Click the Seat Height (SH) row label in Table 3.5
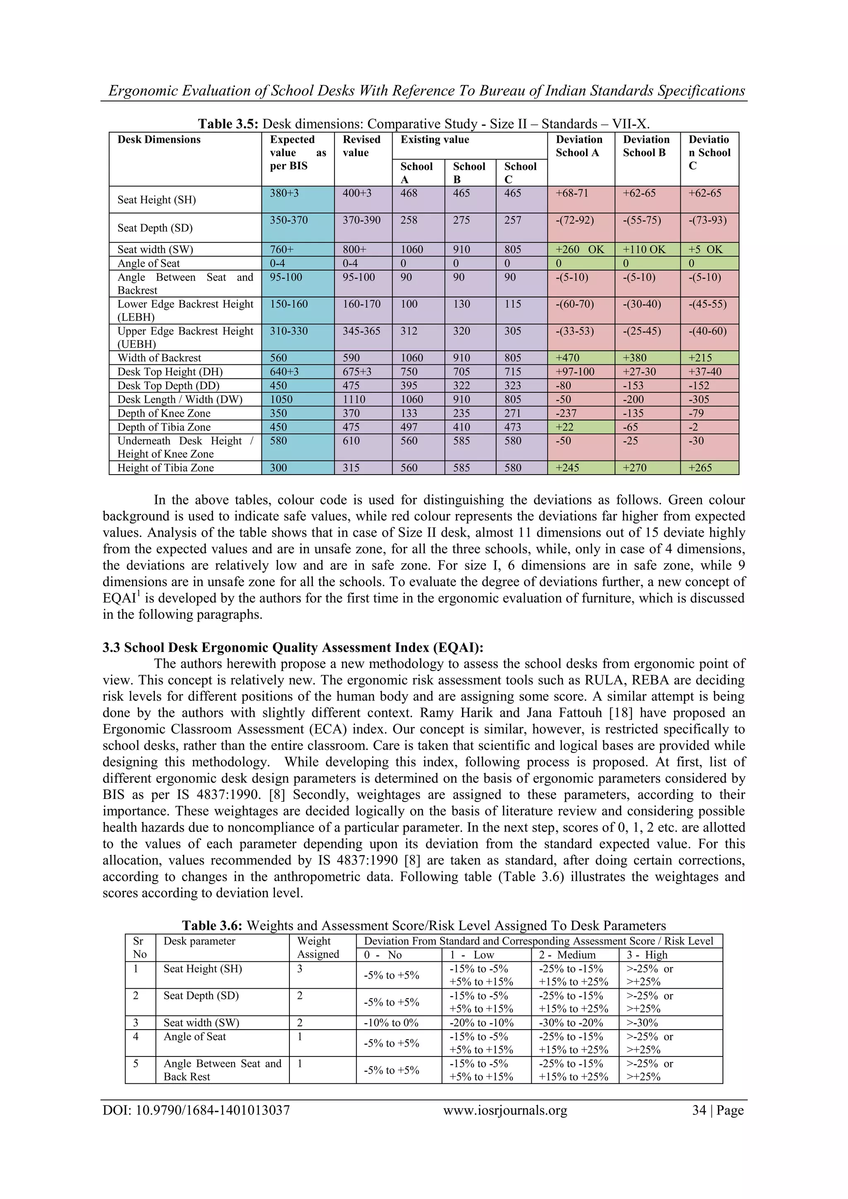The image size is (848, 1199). point(156,200)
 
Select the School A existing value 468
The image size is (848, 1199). point(409,193)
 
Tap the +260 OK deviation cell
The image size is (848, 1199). point(580,250)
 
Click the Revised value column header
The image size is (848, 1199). point(362,146)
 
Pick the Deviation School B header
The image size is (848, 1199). point(646,146)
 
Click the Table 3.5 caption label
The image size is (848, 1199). point(228,124)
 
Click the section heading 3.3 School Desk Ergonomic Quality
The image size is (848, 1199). point(293,648)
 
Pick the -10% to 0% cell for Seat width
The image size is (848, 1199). point(391,1023)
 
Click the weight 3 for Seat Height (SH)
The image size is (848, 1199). point(300,969)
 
